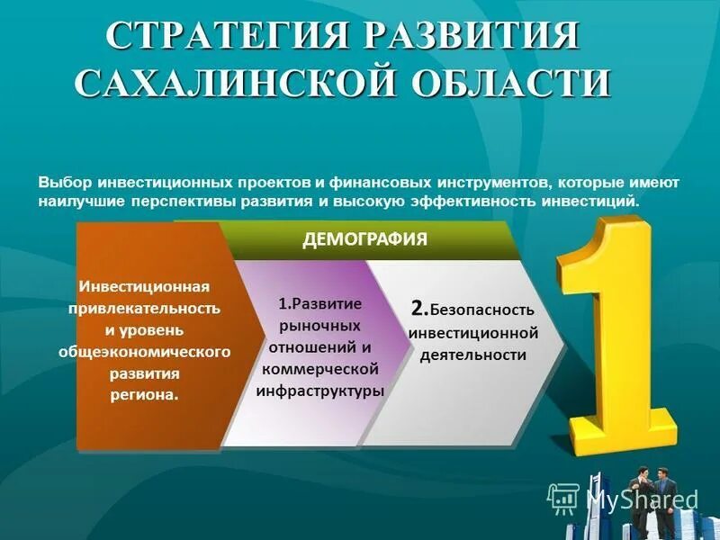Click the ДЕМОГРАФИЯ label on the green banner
pyautogui.click(x=364, y=239)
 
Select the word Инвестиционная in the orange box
pyautogui.click(x=144, y=287)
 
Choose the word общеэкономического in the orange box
pyautogui.click(x=144, y=350)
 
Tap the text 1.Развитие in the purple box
pyautogui.click(x=320, y=303)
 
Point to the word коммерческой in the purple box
pyautogui.click(x=320, y=369)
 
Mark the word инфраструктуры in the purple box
pyautogui.click(x=320, y=391)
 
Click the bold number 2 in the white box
pyautogui.click(x=418, y=308)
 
